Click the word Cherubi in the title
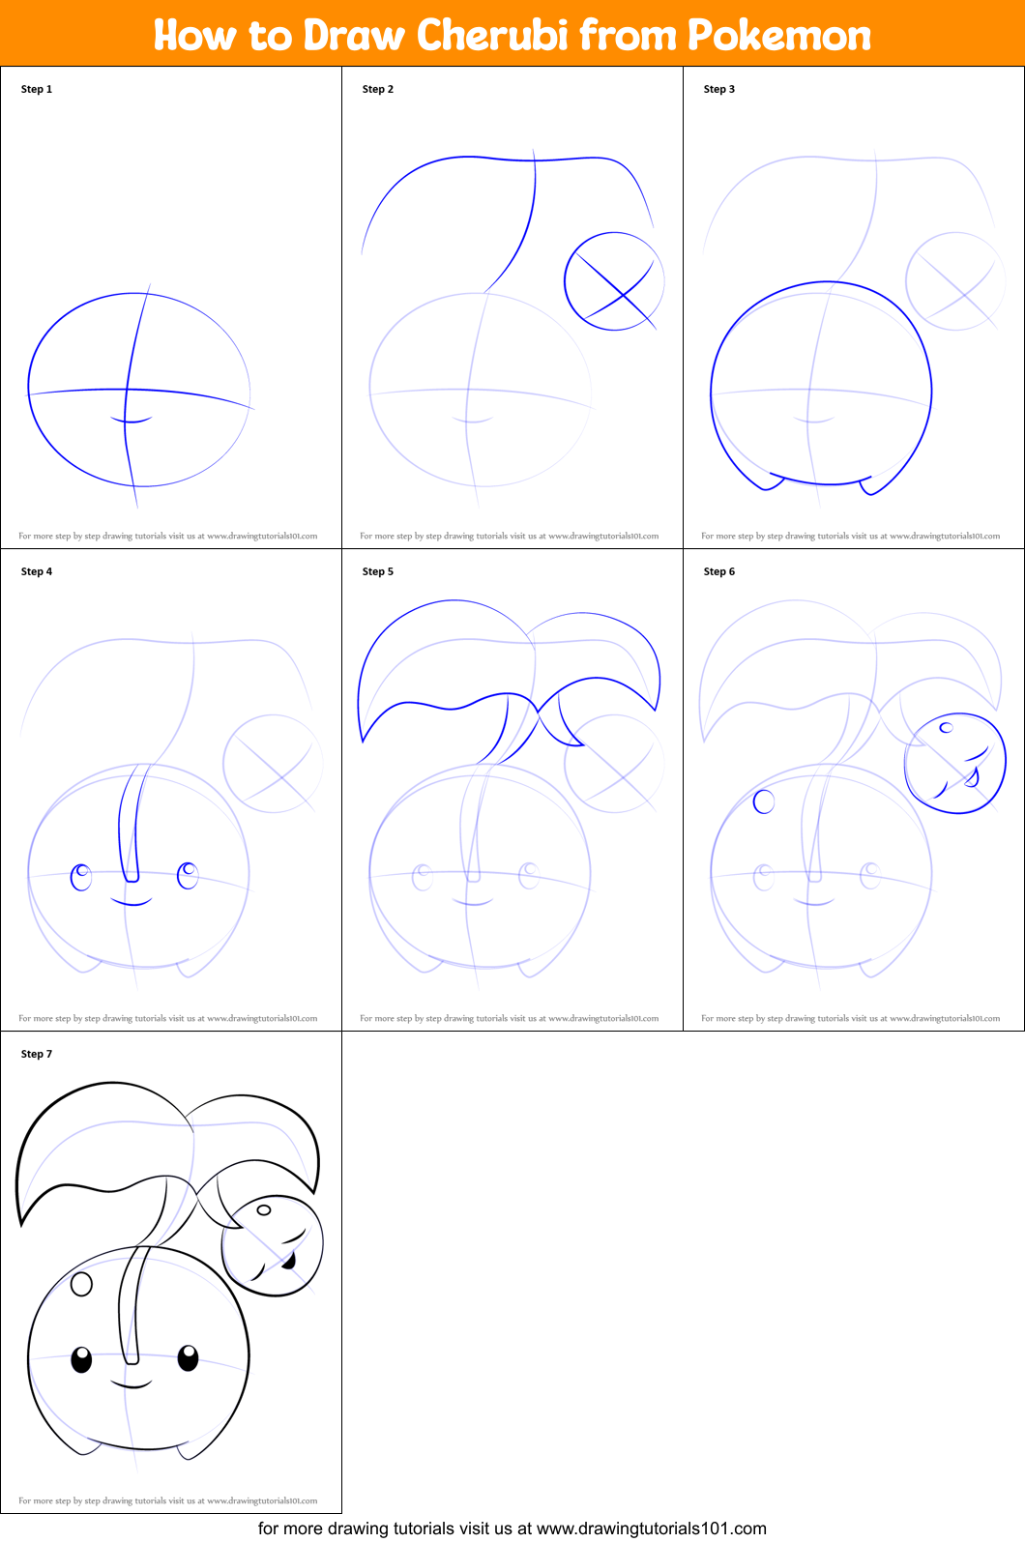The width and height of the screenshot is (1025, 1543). pyautogui.click(x=492, y=35)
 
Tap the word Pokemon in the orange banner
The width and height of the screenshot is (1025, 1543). pyautogui.click(x=779, y=35)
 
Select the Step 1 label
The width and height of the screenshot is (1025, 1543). pyautogui.click(x=37, y=89)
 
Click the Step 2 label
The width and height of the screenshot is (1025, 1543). pyautogui.click(x=377, y=89)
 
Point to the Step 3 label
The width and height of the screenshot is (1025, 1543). pyautogui.click(x=719, y=89)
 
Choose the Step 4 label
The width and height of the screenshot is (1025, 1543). pyautogui.click(x=37, y=571)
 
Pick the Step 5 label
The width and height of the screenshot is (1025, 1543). pyautogui.click(x=377, y=571)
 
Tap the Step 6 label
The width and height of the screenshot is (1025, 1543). pyautogui.click(x=719, y=571)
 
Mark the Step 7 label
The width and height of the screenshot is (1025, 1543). pyautogui.click(x=37, y=1053)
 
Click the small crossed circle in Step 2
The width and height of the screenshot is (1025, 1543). pyautogui.click(x=565, y=281)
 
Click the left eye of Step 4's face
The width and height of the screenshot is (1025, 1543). pyautogui.click(x=81, y=877)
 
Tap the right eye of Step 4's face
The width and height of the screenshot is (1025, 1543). pyautogui.click(x=188, y=876)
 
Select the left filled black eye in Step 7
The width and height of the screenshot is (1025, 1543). pyautogui.click(x=81, y=1359)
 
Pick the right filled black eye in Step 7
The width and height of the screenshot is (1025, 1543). pyautogui.click(x=188, y=1357)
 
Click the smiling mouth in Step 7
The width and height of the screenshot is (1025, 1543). pyautogui.click(x=132, y=1385)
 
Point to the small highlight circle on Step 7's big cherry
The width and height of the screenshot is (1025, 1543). pyautogui.click(x=81, y=1284)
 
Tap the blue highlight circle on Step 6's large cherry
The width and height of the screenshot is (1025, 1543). pyautogui.click(x=764, y=801)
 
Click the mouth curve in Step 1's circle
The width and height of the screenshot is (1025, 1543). pyautogui.click(x=132, y=420)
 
